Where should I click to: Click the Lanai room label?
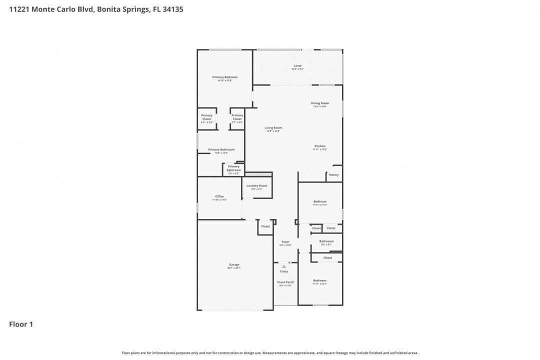pos(297,66)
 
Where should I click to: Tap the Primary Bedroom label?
pos(224,77)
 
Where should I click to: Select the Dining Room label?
pos(320,103)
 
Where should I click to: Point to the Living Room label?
pos(273,127)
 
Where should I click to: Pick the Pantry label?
pos(333,175)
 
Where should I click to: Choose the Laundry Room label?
pos(256,185)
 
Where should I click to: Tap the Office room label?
pos(219,196)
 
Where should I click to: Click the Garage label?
pos(234,264)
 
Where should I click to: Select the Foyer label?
pos(285,241)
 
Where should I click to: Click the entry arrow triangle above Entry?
pos(284,266)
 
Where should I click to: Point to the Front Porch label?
pos(285,282)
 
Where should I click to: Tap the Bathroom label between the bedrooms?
pos(326,241)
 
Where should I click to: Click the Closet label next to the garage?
pos(265,226)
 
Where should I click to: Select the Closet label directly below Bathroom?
pos(327,257)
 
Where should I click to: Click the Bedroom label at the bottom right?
pos(319,280)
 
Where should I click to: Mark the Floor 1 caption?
pos(21,324)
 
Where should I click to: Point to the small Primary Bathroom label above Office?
pos(233,168)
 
